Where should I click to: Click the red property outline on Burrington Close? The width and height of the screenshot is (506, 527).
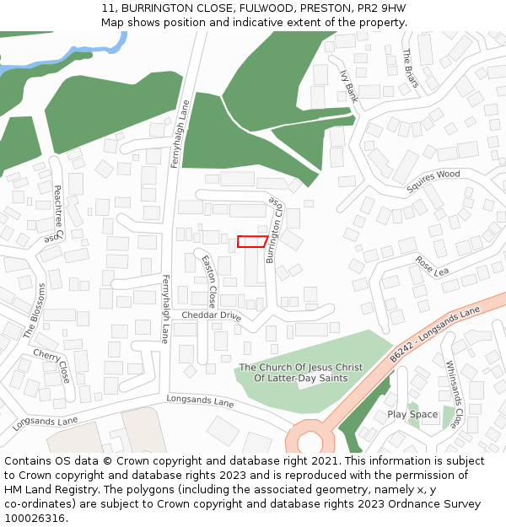click(252, 241)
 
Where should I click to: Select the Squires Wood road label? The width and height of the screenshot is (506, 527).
click(433, 180)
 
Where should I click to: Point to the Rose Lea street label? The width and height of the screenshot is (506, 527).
click(432, 266)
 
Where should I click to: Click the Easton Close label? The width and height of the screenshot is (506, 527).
click(209, 282)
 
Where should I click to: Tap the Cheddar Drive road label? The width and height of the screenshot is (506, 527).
click(212, 315)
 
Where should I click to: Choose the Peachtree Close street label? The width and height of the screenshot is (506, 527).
click(56, 214)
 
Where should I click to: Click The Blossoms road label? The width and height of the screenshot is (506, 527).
click(35, 311)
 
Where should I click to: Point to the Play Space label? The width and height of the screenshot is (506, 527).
click(412, 414)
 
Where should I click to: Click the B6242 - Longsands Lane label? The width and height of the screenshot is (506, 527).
click(434, 335)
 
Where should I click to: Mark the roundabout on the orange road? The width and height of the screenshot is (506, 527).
click(310, 441)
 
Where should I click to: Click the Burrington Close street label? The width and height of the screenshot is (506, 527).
click(274, 229)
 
